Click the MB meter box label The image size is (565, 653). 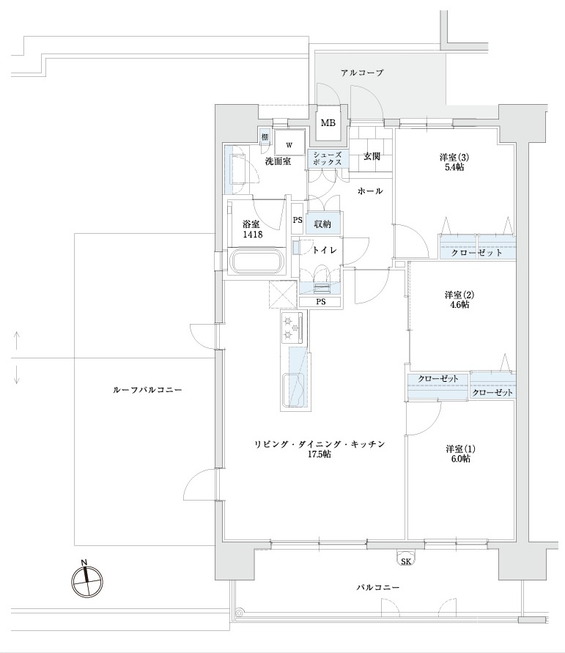coord(328,122)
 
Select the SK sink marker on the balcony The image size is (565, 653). coord(405,561)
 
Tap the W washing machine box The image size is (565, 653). coord(289,144)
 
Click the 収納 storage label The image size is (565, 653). coord(322,224)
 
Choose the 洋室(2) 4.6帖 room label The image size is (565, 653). coord(459,300)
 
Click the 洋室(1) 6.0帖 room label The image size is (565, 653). coord(460,454)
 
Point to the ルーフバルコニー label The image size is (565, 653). coord(147,391)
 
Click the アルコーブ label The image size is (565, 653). coord(362,73)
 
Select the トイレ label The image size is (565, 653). coord(324,250)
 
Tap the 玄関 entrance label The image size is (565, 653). coord(372,156)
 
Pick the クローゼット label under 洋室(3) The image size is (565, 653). coord(476,253)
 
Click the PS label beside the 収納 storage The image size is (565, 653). coord(297,220)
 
